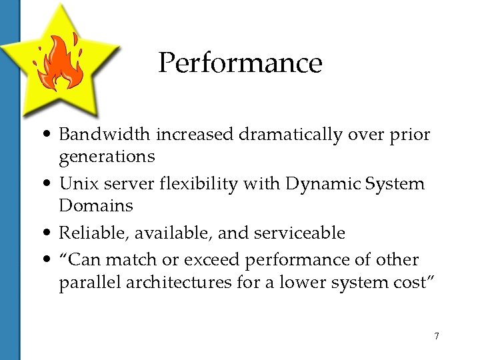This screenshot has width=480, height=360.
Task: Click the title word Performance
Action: point(240,63)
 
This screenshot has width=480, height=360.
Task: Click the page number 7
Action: point(437,336)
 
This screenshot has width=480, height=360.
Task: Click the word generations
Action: point(107,157)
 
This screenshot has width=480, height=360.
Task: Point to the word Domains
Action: point(96,205)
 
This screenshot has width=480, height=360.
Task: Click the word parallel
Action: point(87,283)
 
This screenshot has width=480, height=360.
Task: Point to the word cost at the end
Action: point(414,283)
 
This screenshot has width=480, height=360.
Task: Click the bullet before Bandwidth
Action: point(49,135)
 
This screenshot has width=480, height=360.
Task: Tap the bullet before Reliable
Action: point(49,233)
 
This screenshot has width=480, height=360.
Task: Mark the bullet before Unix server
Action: point(49,184)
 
